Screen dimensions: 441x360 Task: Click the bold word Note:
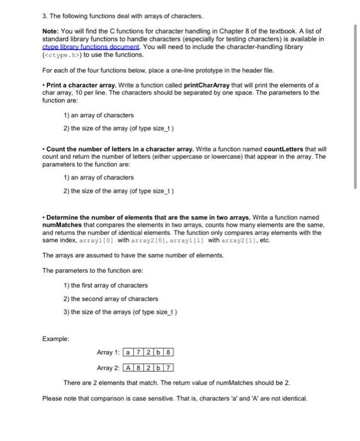(x=52, y=31)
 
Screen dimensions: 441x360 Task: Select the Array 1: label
(x=110, y=352)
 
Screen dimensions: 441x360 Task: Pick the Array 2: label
(x=110, y=367)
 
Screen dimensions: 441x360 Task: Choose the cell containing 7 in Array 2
(x=169, y=367)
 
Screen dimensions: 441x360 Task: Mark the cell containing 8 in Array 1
(x=169, y=352)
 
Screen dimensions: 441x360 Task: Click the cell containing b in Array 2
(x=159, y=367)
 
